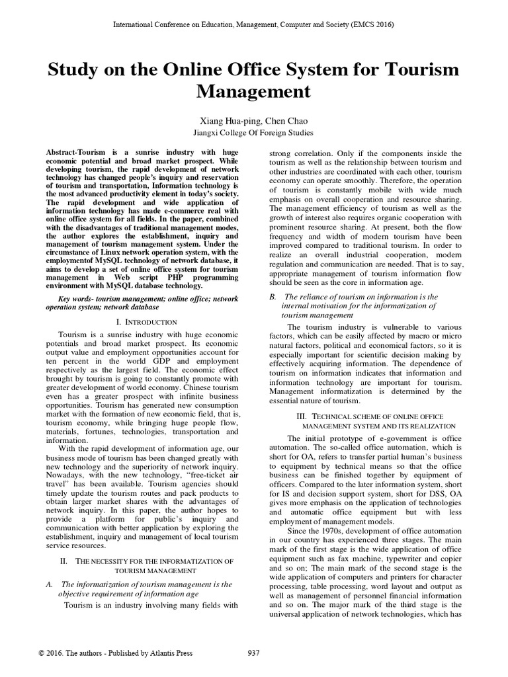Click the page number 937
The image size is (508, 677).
pyautogui.click(x=253, y=653)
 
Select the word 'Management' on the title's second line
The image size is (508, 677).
pyautogui.click(x=253, y=91)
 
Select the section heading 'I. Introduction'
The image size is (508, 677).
pyautogui.click(x=146, y=322)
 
